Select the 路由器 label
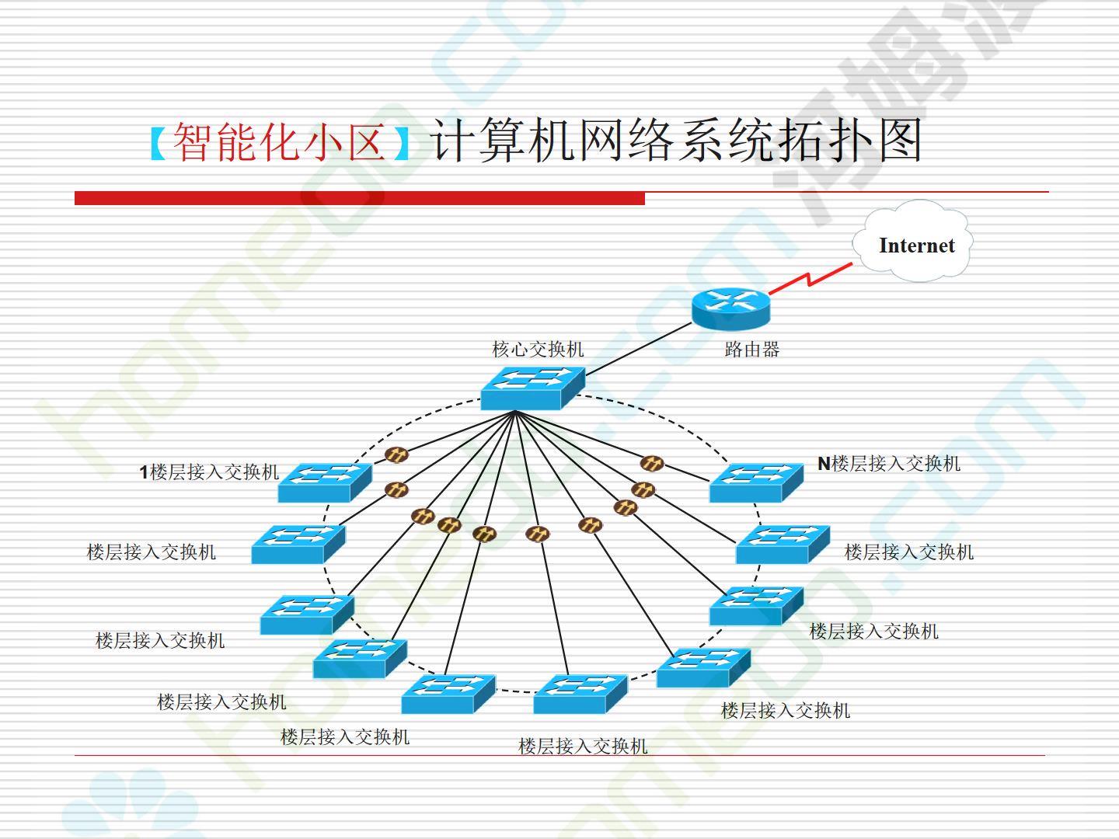[x=751, y=350]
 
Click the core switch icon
[x=532, y=387]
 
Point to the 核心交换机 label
[x=538, y=350]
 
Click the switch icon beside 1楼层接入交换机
[x=325, y=482]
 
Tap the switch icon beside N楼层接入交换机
[x=755, y=482]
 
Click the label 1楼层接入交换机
[x=209, y=472]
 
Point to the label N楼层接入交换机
[x=889, y=464]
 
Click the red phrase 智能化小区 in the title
[x=280, y=142]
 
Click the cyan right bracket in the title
[x=401, y=143]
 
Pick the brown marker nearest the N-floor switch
[x=651, y=463]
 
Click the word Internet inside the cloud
[x=916, y=245]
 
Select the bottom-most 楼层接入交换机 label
[x=583, y=747]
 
